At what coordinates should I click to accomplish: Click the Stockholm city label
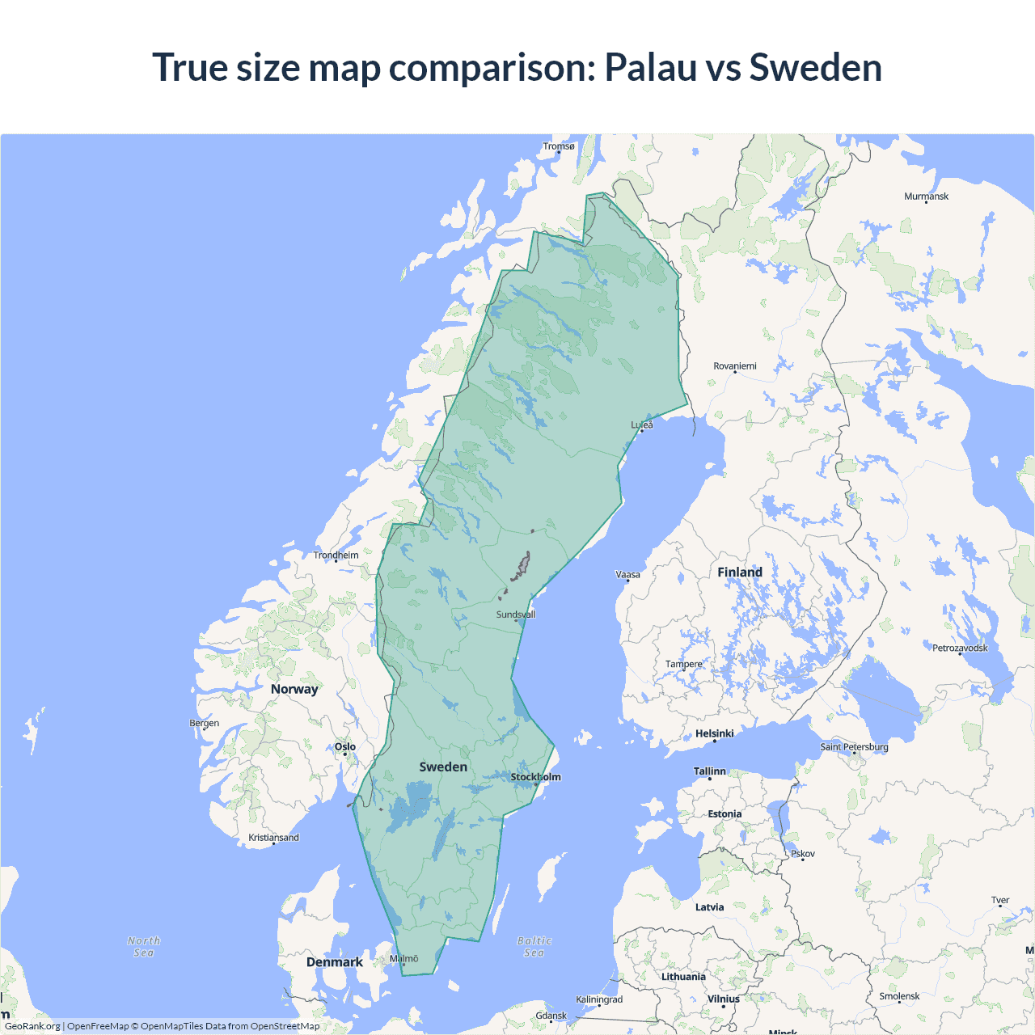coord(535,777)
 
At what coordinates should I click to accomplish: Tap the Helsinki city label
coord(715,733)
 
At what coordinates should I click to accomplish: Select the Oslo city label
coord(345,746)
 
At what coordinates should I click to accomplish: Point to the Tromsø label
coord(559,146)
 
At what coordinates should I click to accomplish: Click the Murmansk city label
coord(926,196)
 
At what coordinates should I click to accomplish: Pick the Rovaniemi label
coord(735,366)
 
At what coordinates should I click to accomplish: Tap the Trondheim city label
coord(336,555)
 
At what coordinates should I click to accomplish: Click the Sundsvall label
coord(516,615)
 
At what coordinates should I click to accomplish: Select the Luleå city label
coord(642,425)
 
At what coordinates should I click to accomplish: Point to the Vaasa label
coord(627,575)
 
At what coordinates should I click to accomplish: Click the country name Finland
coord(740,572)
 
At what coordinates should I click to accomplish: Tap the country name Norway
coord(294,689)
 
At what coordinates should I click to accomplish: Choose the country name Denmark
coord(335,962)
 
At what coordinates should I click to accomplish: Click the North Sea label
coord(144,947)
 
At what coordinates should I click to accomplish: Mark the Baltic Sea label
coord(534,947)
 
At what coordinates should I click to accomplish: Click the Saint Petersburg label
coord(854,746)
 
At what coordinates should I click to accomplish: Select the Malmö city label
coord(404,958)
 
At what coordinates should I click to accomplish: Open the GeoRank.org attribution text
coord(32,1026)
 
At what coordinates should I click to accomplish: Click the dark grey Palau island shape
coord(521,568)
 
